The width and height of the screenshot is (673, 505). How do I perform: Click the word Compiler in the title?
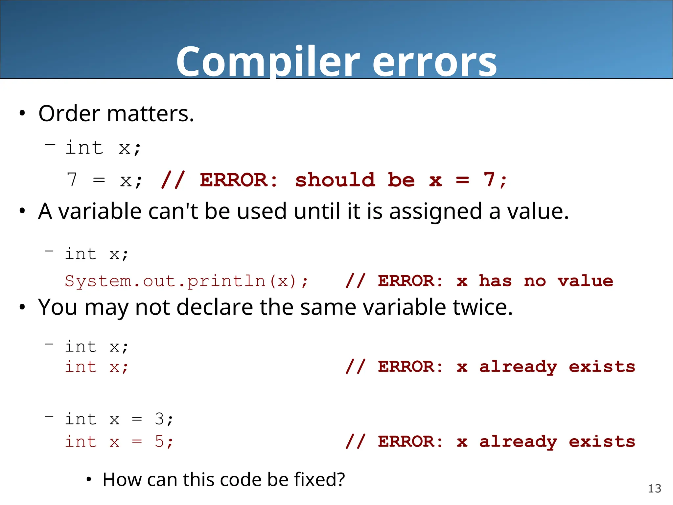pyautogui.click(x=268, y=62)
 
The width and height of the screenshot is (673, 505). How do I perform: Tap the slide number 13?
pyautogui.click(x=654, y=489)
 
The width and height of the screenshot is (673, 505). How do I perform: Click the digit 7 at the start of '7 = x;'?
pyautogui.click(x=72, y=180)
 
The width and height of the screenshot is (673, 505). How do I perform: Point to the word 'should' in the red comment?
pyautogui.click(x=335, y=180)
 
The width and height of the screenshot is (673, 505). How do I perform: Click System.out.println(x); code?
pyautogui.click(x=186, y=281)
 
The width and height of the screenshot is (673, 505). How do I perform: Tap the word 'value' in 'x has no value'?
pyautogui.click(x=585, y=281)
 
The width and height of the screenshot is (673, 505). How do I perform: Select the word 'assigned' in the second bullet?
pyautogui.click(x=435, y=211)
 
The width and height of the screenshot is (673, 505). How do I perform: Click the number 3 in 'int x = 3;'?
pyautogui.click(x=159, y=419)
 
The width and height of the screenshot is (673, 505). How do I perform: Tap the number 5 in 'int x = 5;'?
pyautogui.click(x=159, y=442)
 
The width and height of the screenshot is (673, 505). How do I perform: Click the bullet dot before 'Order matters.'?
pyautogui.click(x=22, y=114)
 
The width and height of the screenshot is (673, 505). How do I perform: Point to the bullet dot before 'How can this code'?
pyautogui.click(x=88, y=480)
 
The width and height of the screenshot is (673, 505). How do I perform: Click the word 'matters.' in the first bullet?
pyautogui.click(x=151, y=114)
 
